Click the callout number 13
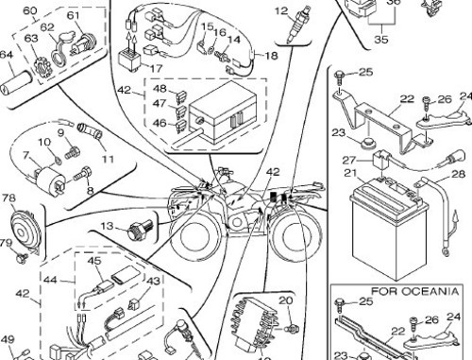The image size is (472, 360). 108,226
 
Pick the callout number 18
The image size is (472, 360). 271,57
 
